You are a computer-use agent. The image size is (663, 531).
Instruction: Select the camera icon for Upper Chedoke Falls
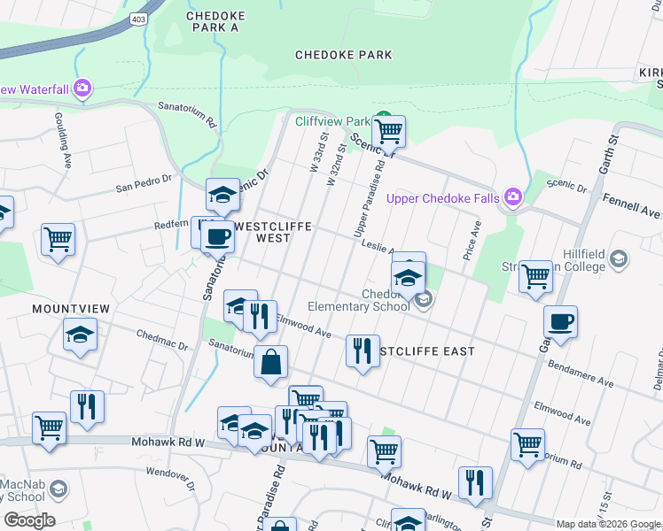(512, 196)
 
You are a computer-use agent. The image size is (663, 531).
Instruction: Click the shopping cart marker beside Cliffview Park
(388, 132)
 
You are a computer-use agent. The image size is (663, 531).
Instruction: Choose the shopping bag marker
(270, 361)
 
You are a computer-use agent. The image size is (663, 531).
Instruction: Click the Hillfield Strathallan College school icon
(619, 259)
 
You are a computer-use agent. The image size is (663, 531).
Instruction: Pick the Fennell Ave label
(631, 208)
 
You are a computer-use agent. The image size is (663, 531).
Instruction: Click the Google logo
(29, 520)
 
